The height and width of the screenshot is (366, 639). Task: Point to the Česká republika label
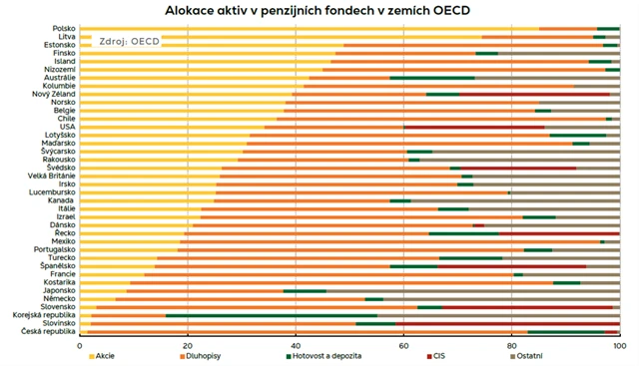47,331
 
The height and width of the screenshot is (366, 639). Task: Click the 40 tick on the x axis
295,344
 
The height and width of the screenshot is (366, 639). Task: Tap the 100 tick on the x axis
618,344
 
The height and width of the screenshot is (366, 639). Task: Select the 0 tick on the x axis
80,344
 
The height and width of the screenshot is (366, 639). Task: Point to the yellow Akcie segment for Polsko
300,29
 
